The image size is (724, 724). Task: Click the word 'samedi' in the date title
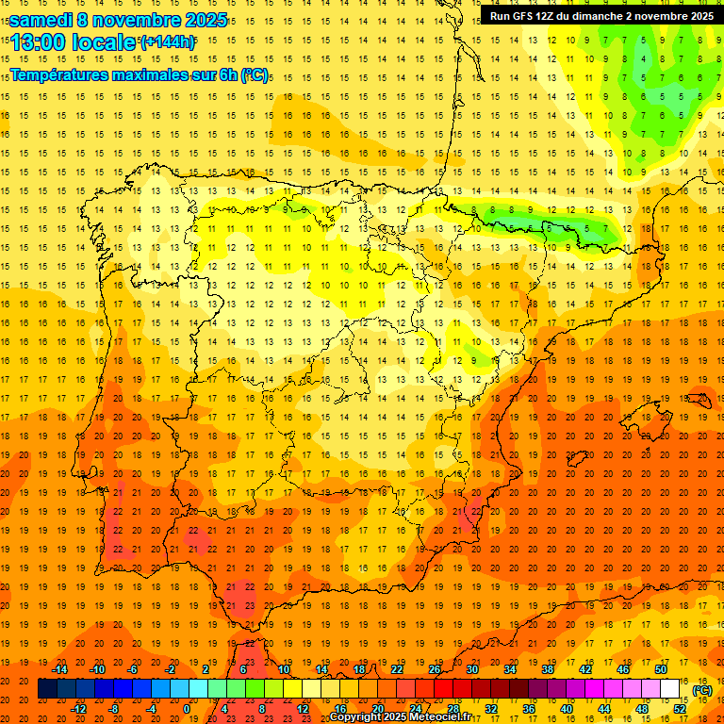click(x=41, y=20)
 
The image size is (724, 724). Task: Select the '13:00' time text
click(x=39, y=42)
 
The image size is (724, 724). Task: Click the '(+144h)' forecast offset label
click(x=168, y=42)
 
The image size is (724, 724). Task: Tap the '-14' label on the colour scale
click(x=60, y=669)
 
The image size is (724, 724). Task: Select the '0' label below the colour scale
click(x=187, y=709)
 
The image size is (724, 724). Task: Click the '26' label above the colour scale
click(x=435, y=669)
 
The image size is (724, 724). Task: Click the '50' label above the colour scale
click(x=661, y=669)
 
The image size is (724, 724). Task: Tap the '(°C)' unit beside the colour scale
click(x=701, y=690)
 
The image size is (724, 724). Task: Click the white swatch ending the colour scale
click(x=670, y=689)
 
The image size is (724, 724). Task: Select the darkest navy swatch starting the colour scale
click(x=47, y=689)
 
